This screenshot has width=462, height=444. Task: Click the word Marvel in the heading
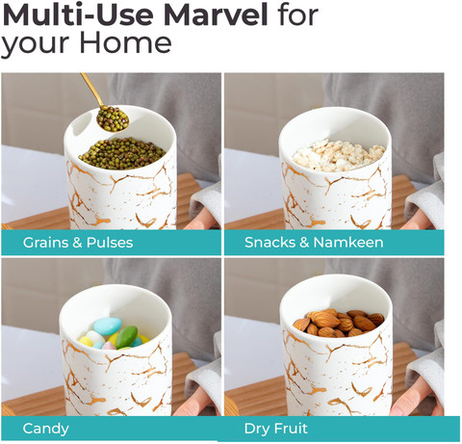click(x=216, y=15)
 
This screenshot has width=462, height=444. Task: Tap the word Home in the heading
click(x=125, y=42)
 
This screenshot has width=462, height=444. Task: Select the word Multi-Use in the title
click(x=78, y=15)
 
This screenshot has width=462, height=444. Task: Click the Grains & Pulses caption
click(x=78, y=243)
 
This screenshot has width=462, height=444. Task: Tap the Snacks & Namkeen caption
click(x=314, y=243)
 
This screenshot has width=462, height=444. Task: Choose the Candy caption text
click(x=46, y=429)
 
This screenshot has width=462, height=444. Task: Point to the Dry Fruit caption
click(x=276, y=429)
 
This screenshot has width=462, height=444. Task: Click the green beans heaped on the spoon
click(x=113, y=118)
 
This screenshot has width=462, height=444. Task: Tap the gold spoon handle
click(x=91, y=90)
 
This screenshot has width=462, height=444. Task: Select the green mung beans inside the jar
click(x=122, y=153)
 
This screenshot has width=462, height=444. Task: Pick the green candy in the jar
click(x=126, y=337)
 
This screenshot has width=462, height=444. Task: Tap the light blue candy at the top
click(x=108, y=326)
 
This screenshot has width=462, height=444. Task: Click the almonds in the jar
click(x=339, y=322)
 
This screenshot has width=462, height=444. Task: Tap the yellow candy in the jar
click(x=86, y=341)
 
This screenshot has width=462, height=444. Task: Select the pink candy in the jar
click(x=109, y=346)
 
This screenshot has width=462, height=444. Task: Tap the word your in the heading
click(x=36, y=44)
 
